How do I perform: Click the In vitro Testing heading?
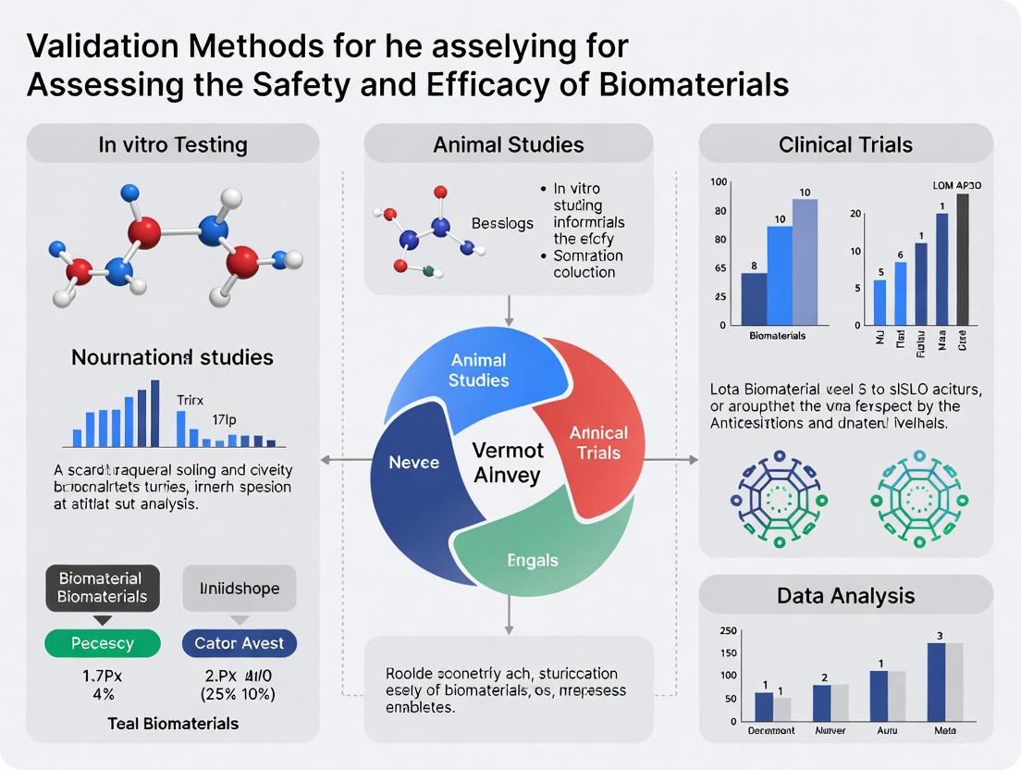tap(173, 144)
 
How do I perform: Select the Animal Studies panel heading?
tap(509, 144)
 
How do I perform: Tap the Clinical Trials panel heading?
tap(845, 144)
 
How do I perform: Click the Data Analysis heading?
tap(845, 595)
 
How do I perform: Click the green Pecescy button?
tap(103, 643)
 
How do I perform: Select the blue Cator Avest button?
tap(240, 643)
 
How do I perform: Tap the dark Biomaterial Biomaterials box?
tap(103, 588)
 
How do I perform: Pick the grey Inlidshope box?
tap(240, 588)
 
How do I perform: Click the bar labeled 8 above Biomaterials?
tap(755, 299)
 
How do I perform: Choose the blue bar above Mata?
tap(937, 682)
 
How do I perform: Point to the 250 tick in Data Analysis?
tap(728, 631)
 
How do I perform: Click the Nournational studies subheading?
tap(173, 357)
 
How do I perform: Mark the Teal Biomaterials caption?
tap(173, 723)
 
